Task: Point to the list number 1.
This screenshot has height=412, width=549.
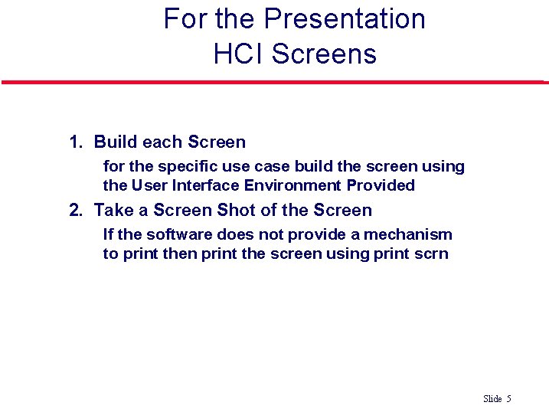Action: tap(75, 142)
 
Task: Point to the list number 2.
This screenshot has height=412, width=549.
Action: tap(75, 211)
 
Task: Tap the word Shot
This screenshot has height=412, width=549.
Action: tap(237, 211)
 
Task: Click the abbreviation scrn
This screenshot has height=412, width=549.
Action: tap(431, 253)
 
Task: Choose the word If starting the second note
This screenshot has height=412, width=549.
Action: tap(108, 235)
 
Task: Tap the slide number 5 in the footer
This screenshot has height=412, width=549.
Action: tap(508, 399)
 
